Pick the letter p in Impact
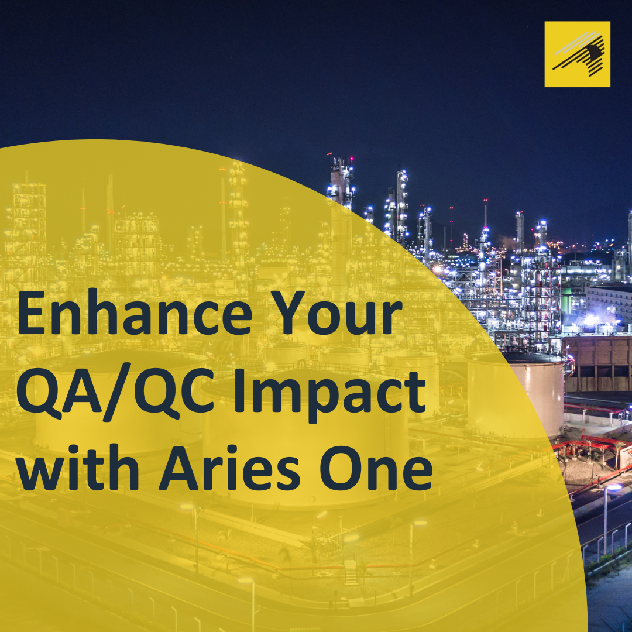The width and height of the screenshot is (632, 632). point(326,401)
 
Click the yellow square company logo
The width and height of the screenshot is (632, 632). point(577,54)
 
